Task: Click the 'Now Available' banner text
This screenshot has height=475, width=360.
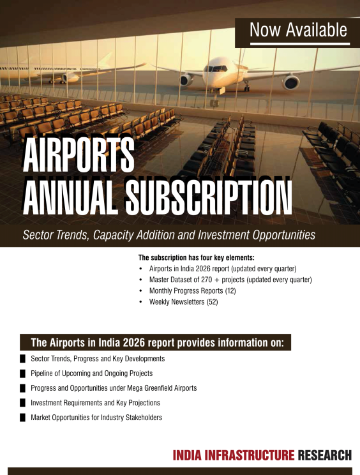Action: click(x=298, y=30)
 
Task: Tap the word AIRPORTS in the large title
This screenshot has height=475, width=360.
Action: click(x=79, y=155)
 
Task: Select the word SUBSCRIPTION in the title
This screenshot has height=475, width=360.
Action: click(x=209, y=197)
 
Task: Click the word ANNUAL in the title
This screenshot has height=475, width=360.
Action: click(x=70, y=197)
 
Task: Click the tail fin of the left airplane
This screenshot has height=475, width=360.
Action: click(x=105, y=61)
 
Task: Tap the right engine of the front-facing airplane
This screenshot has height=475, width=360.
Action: click(x=290, y=82)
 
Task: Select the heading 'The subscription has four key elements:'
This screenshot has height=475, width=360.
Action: click(x=197, y=257)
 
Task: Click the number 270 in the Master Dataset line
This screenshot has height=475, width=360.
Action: click(x=206, y=280)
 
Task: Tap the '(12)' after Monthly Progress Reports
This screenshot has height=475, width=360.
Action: click(x=230, y=291)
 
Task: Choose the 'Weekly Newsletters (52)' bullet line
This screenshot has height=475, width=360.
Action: click(x=183, y=302)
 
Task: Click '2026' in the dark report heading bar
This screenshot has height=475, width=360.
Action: click(x=133, y=343)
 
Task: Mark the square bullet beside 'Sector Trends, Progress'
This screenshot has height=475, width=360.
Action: click(x=23, y=359)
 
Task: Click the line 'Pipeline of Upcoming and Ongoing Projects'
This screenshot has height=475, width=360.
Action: click(x=91, y=373)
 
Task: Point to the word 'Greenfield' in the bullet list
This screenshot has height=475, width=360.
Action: click(x=158, y=388)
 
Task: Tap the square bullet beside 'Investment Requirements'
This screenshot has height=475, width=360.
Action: click(x=23, y=403)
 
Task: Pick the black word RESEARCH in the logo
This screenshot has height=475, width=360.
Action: click(x=325, y=455)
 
